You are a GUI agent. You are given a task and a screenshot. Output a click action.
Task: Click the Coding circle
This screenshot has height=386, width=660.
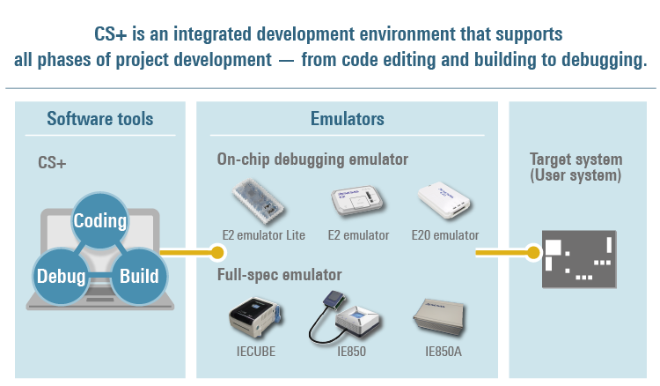tap(99, 220)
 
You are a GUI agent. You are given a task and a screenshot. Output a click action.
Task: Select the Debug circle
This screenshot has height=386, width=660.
tap(61, 276)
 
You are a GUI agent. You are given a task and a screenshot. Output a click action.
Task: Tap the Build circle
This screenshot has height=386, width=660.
tap(139, 276)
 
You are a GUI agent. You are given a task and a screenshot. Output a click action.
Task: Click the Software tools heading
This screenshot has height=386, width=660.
tap(99, 119)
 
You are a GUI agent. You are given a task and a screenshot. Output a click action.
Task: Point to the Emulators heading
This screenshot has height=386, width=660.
tap(348, 119)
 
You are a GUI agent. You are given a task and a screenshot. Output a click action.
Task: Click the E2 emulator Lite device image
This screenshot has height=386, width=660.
tap(258, 201)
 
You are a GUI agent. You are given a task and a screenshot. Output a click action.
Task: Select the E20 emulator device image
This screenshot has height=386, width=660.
tap(444, 200)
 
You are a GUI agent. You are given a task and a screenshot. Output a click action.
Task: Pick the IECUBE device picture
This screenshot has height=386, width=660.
tap(255, 317)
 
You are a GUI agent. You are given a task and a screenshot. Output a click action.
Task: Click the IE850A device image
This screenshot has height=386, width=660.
tap(439, 317)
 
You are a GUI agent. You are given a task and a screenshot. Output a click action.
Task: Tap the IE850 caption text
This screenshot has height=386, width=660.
tap(351, 352)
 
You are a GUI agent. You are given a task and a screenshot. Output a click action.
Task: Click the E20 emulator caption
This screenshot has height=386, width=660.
tap(445, 235)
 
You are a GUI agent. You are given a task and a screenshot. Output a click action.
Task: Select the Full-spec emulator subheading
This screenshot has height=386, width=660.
tap(279, 275)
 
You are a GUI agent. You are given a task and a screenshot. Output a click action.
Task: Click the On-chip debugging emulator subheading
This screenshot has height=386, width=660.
tap(312, 160)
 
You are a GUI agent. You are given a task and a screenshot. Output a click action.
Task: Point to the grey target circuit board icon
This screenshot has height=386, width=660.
tap(579, 259)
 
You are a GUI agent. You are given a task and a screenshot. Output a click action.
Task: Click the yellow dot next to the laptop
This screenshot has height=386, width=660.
tap(217, 252)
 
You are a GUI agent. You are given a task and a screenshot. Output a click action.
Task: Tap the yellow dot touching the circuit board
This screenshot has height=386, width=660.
tap(533, 252)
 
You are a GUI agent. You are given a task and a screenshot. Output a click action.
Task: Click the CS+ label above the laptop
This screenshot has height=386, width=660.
tap(52, 163)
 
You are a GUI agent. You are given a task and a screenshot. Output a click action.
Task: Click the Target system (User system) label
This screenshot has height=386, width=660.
tap(576, 167)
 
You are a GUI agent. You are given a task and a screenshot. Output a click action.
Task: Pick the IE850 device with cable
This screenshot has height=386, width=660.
tap(344, 317)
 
